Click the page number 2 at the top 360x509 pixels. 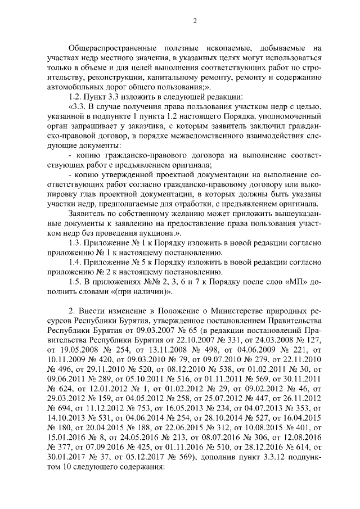[x=195, y=21]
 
